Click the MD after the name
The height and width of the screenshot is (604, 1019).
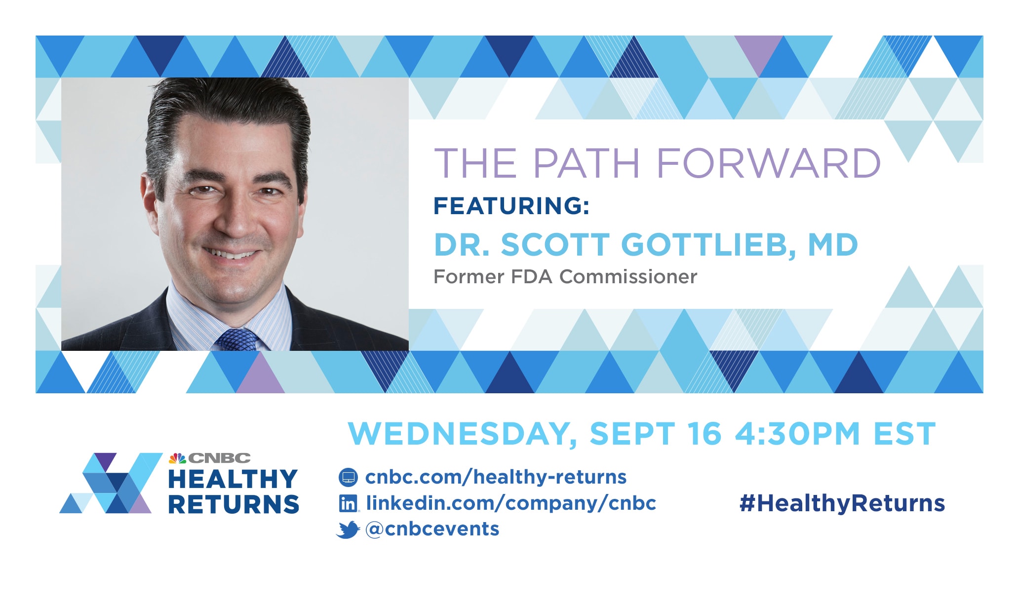pos(833,245)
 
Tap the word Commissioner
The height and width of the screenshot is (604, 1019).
pos(628,277)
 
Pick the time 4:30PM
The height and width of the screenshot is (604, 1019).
pos(797,434)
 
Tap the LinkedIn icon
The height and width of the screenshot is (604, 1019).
pos(349,503)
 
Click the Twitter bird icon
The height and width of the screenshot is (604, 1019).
pos(348,529)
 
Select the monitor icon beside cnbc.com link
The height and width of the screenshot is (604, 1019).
pos(348,477)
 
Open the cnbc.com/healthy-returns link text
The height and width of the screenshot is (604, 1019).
pos(496,477)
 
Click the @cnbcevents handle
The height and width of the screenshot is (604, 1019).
pos(432,529)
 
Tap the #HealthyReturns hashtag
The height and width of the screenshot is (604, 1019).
pos(842,503)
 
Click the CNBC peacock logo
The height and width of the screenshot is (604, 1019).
pos(177,458)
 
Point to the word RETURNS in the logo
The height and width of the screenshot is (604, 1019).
pos(234,504)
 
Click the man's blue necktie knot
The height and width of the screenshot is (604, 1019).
pos(237,340)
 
